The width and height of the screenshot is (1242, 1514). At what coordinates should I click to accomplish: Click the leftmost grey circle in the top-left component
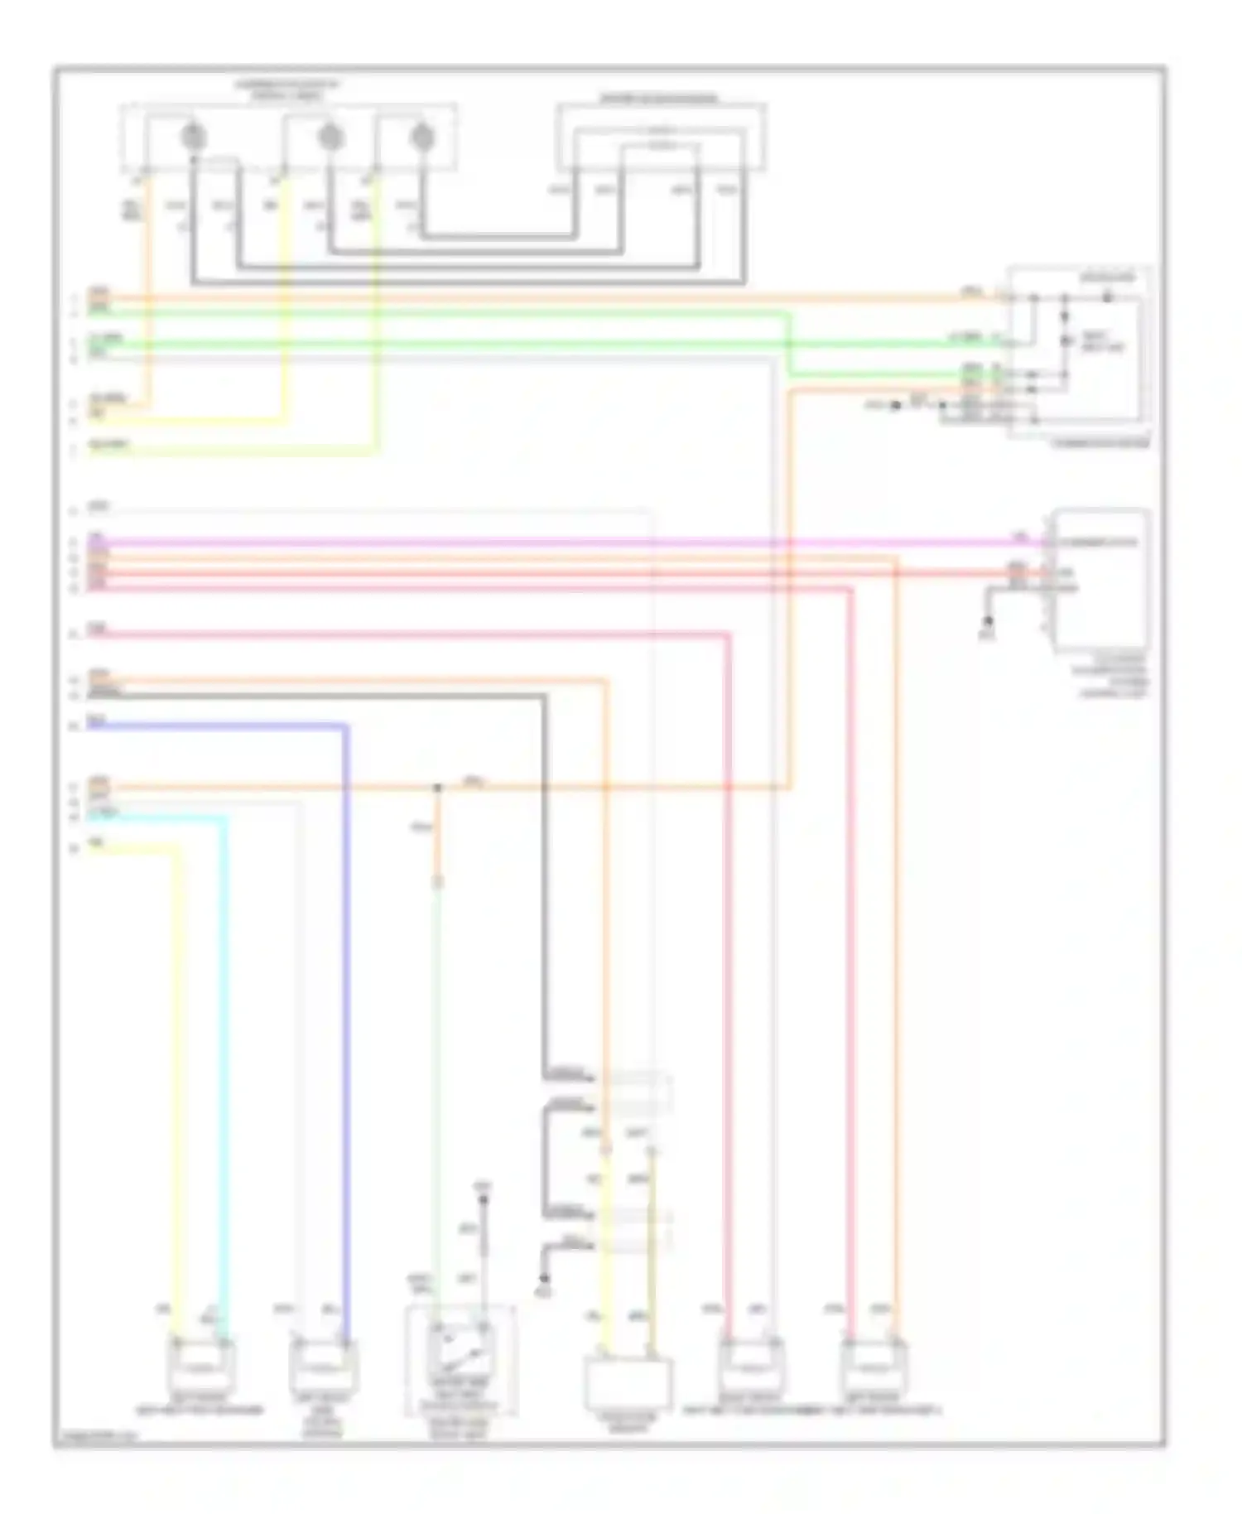point(193,137)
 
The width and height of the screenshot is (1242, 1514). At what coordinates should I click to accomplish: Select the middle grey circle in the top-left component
point(330,137)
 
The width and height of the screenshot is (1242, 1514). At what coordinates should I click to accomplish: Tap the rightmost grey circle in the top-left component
point(423,137)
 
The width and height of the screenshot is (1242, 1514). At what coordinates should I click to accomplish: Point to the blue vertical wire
point(345,1035)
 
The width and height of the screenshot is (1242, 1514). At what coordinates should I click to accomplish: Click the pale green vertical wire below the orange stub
point(437,1077)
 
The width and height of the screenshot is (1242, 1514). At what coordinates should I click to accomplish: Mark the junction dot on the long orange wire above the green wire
point(438,787)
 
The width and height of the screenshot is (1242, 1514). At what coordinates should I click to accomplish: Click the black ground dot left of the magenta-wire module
point(988,620)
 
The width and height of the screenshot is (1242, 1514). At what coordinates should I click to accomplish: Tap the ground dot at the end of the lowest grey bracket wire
point(544,1280)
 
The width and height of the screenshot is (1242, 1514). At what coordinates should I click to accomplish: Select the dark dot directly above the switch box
point(484,1198)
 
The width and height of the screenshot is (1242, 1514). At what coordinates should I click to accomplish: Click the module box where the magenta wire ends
point(1100,580)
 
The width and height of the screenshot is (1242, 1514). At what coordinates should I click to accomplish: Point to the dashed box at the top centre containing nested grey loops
point(660,137)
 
